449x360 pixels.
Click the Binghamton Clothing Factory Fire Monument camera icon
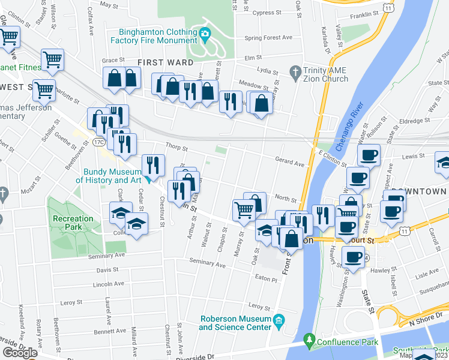pos(205,34)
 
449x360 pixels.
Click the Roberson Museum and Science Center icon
pos(279,323)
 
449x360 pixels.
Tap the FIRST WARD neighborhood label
pos(165,62)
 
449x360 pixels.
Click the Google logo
pos(20,353)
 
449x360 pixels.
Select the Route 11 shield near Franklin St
pos(390,8)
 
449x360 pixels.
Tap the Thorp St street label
pos(177,148)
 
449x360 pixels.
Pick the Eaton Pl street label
pos(266,279)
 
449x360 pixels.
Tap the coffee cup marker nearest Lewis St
pos(369,155)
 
